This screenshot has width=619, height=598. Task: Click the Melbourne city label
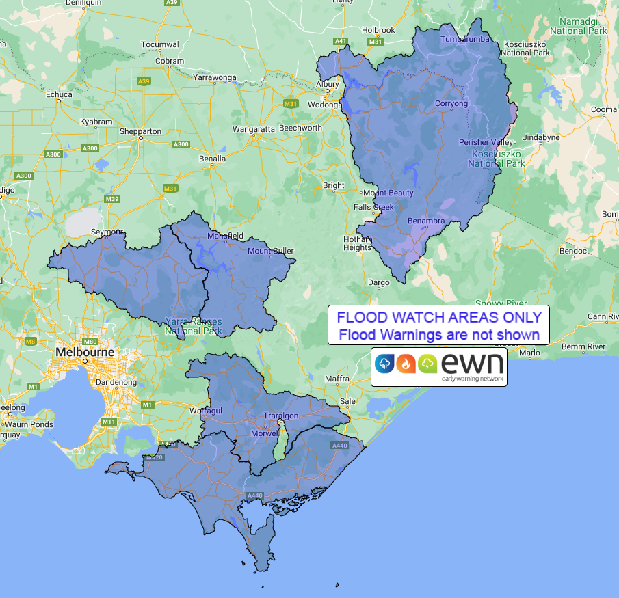click(85, 351)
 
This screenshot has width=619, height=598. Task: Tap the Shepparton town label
click(140, 131)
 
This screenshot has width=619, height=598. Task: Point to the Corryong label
click(451, 104)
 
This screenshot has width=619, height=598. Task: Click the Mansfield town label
click(225, 236)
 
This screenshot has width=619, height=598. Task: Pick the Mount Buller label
click(270, 251)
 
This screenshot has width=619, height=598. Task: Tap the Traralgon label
click(281, 416)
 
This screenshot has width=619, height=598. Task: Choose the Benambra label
click(425, 221)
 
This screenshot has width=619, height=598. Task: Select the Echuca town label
click(59, 94)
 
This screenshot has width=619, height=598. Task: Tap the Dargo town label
click(378, 282)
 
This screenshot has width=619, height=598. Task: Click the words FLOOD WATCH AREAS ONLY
click(438, 317)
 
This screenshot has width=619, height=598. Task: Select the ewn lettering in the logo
click(472, 362)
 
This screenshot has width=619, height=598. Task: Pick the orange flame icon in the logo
click(406, 364)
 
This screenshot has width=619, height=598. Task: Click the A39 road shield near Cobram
click(144, 81)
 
